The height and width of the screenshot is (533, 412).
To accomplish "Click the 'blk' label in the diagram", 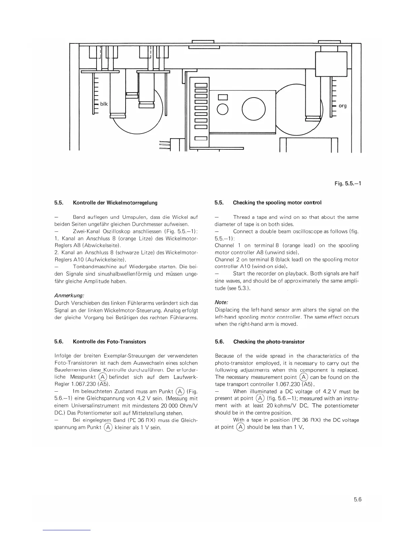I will (x=104, y=104).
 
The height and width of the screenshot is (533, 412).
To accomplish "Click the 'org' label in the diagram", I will (x=342, y=106).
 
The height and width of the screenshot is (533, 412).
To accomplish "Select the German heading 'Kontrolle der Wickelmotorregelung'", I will (x=115, y=203).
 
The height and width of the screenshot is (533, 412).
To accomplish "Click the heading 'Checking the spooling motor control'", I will (x=277, y=203).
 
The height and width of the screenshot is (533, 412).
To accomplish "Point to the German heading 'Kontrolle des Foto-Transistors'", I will (x=109, y=342).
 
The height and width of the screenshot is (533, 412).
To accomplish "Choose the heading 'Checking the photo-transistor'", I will (x=269, y=342).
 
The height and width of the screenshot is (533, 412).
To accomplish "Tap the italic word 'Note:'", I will (x=221, y=303).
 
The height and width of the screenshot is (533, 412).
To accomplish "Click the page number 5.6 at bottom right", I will (x=357, y=500).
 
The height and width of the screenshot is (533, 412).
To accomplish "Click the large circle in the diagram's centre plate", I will (x=254, y=109).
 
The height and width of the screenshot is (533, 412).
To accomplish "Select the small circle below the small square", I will (x=223, y=109).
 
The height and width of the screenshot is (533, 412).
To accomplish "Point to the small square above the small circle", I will (x=223, y=98).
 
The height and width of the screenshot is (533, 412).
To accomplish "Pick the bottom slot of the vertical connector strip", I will (x=200, y=138).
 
